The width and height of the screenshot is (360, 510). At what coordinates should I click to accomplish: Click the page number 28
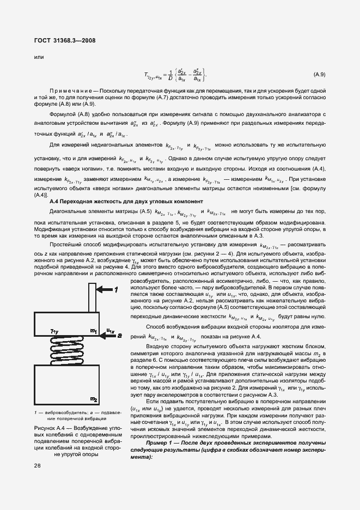click(37, 465)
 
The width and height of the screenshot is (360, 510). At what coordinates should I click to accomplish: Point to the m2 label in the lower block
click(94, 400)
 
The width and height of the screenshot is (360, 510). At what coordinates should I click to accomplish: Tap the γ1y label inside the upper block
click(54, 331)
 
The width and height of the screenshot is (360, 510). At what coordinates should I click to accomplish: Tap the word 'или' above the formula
click(39, 56)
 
